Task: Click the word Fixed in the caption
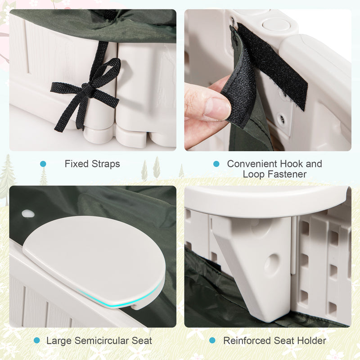point(76,164)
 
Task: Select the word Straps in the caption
point(106,164)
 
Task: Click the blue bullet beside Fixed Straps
point(43,164)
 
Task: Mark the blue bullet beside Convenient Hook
point(216,164)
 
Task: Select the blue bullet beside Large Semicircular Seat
point(37,341)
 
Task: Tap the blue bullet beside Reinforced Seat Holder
point(212,341)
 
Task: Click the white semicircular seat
point(94,260)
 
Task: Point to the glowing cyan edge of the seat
point(119,298)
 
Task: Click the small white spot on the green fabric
point(28,214)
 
